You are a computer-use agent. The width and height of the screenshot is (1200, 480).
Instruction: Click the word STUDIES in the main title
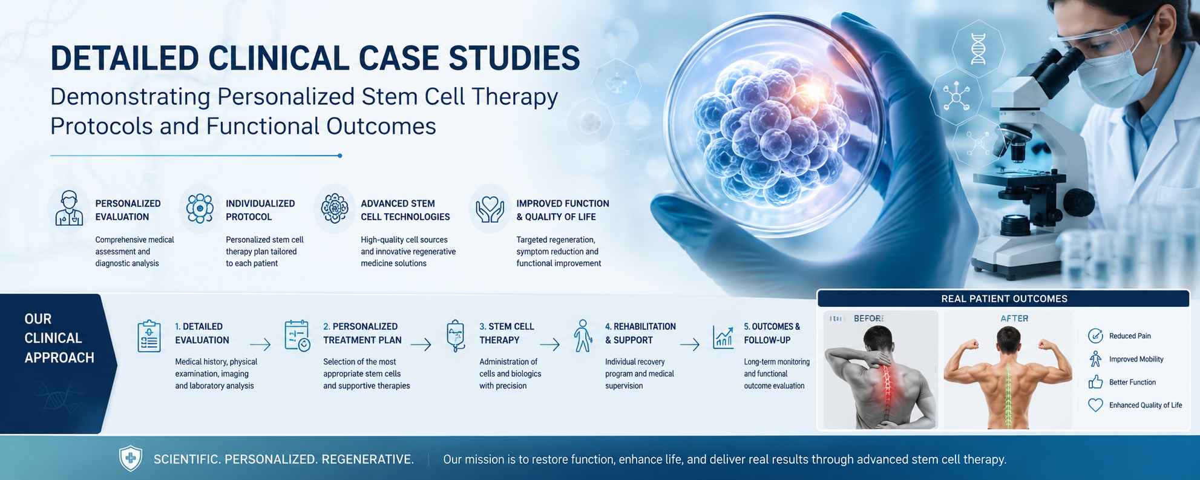click(x=514, y=59)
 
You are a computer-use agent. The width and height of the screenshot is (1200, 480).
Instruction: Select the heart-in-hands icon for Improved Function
click(x=490, y=209)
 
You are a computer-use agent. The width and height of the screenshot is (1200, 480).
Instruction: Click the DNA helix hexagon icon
click(x=978, y=48)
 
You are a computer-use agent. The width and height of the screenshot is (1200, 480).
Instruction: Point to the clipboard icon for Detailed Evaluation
click(x=149, y=336)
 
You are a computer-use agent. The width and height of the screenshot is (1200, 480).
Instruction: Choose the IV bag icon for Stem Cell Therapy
click(x=456, y=336)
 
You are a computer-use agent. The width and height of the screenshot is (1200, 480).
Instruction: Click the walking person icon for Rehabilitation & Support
click(x=583, y=336)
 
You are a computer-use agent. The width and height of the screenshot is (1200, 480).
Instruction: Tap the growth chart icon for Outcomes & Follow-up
click(x=723, y=337)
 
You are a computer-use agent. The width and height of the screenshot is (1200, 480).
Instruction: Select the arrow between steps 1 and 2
click(x=260, y=344)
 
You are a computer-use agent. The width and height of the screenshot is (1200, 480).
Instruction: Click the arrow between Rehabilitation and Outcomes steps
click(x=690, y=344)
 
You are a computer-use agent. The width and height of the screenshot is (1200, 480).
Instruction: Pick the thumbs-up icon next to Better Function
click(x=1095, y=382)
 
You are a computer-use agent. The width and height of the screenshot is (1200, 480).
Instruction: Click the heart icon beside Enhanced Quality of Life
click(x=1095, y=405)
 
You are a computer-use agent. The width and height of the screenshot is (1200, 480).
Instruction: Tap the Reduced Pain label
click(x=1130, y=336)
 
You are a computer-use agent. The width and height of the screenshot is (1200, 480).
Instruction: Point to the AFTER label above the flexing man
click(x=1014, y=318)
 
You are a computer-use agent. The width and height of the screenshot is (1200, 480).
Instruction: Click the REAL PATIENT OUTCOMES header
click(x=1004, y=298)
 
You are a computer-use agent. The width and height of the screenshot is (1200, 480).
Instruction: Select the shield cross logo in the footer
click(x=131, y=458)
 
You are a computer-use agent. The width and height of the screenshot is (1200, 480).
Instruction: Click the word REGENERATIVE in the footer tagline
click(x=368, y=459)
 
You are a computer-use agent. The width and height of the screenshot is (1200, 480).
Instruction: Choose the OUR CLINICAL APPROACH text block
click(x=59, y=338)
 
